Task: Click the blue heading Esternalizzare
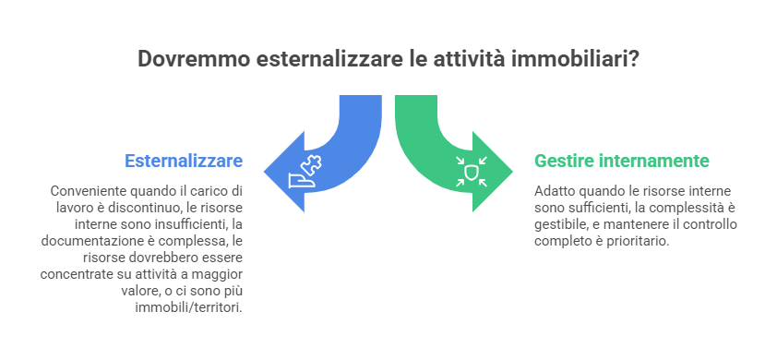[x=184, y=161]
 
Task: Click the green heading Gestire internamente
[x=621, y=161]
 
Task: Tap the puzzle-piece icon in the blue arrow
[x=305, y=171]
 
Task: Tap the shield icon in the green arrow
[x=472, y=171]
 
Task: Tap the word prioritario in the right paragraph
[x=638, y=240]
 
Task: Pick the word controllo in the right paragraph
[x=707, y=223]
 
